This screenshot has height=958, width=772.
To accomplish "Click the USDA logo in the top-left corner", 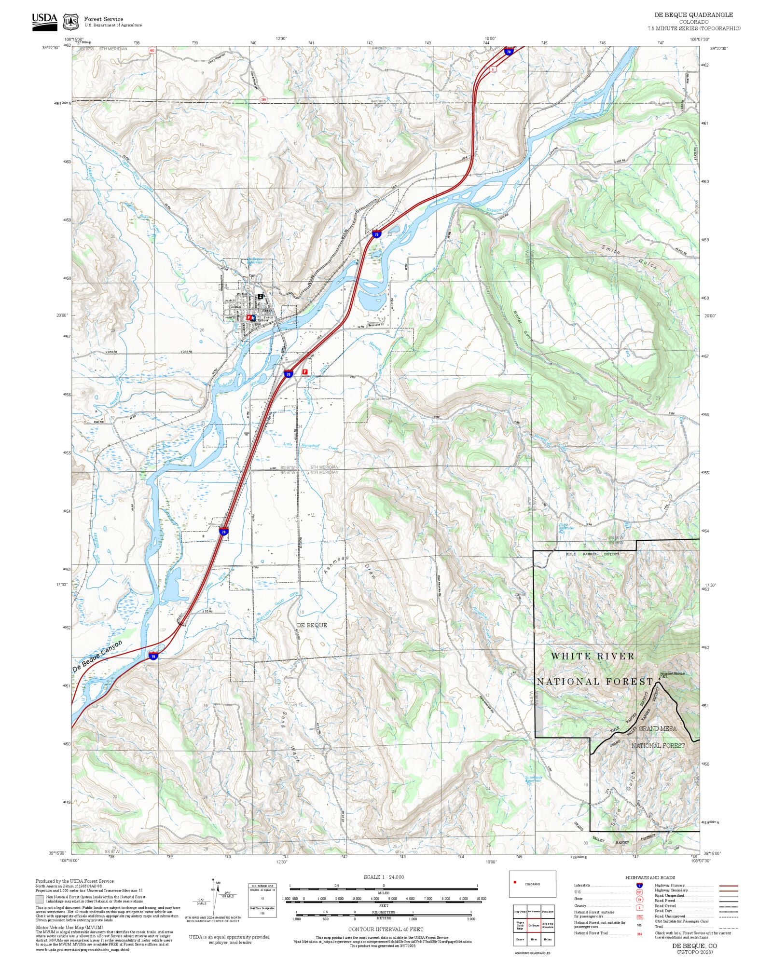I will pos(44,22).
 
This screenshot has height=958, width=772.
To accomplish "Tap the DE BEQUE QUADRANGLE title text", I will pos(693,15).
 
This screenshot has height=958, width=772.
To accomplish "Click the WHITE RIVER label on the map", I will pos(593,656).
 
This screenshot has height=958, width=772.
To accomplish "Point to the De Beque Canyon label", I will pos(97,657).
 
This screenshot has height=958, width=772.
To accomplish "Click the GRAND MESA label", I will pos(658,728).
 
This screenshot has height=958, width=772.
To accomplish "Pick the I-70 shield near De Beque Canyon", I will pos(153,656).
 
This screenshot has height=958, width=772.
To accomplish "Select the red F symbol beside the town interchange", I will pos(304,372).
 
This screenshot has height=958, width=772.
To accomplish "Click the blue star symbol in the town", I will pos(253,317).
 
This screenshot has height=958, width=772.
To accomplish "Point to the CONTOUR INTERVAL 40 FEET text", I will pos(386,929).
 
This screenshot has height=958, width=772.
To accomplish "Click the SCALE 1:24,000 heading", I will pos(384,877).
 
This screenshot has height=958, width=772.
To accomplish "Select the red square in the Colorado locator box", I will pos(515,882).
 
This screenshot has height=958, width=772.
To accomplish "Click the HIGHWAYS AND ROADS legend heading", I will pos(650,877).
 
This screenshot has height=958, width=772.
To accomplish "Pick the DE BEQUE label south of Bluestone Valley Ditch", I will pos(312,625).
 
